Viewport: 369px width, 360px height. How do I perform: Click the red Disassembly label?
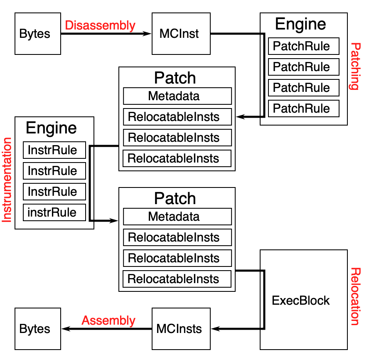pos(100,25)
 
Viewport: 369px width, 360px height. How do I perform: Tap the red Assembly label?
pos(108,321)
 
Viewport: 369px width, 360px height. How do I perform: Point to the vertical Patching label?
pos(354,66)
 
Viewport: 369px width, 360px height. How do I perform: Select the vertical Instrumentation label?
pos(7,180)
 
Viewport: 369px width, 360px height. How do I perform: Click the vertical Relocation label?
pos(354,296)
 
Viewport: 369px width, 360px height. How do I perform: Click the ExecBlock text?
pos(301,301)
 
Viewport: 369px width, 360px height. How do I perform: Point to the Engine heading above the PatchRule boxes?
pos(300,25)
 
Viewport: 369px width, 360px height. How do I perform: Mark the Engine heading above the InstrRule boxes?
pos(51,128)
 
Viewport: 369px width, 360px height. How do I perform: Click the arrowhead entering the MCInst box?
pos(147,34)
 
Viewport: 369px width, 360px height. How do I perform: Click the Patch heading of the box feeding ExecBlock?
pos(175,198)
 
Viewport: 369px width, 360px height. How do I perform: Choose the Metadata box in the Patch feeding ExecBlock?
pos(177,217)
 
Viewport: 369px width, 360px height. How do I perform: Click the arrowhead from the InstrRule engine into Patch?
pos(114,221)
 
